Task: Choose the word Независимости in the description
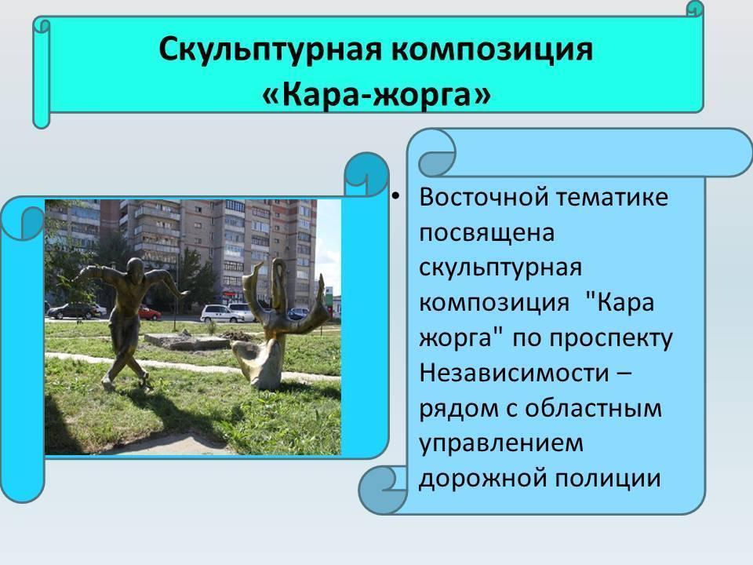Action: click(x=515, y=372)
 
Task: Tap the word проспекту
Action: click(x=611, y=339)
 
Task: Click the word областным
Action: click(x=594, y=408)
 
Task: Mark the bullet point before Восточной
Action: click(x=395, y=196)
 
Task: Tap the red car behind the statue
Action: click(x=149, y=314)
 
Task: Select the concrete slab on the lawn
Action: click(x=187, y=340)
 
